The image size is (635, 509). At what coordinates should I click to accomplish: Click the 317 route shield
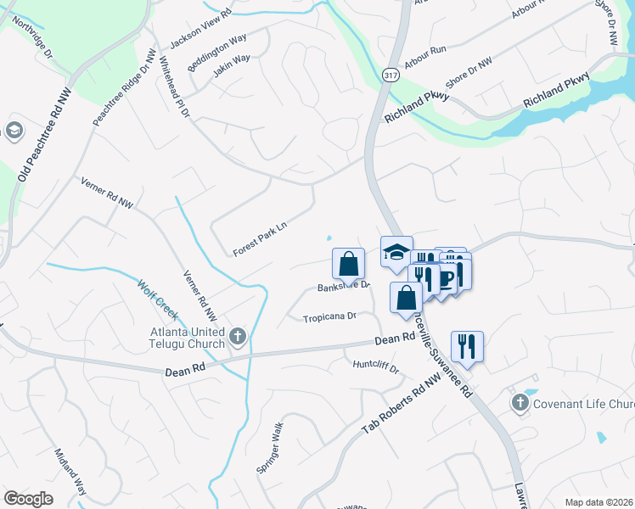tap(391, 75)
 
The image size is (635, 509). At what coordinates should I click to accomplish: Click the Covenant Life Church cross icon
tap(520, 403)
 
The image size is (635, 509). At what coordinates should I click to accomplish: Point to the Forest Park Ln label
tap(261, 238)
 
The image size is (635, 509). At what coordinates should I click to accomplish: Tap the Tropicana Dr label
tap(330, 317)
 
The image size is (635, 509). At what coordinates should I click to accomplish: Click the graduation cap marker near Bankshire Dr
tap(396, 252)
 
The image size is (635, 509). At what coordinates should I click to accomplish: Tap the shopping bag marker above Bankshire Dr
tap(349, 264)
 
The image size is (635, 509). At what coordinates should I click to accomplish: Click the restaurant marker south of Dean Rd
tap(468, 346)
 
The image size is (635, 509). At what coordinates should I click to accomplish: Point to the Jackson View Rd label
tap(201, 32)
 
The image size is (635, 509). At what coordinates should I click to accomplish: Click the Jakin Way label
tap(232, 66)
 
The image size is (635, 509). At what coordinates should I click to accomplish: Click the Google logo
tap(28, 499)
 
